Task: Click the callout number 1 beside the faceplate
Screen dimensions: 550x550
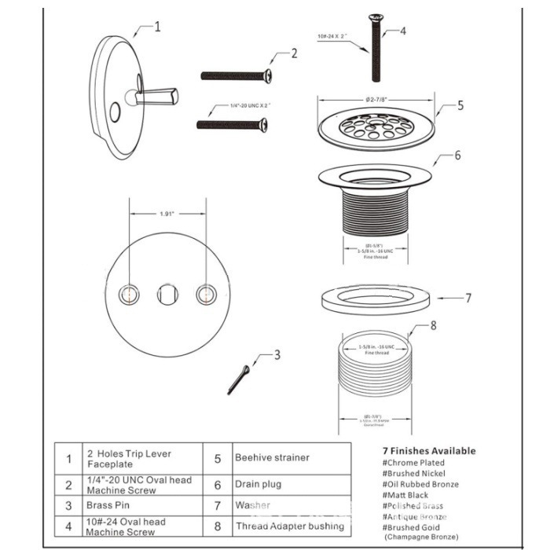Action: (157, 27)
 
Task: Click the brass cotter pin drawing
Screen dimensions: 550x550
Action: (239, 379)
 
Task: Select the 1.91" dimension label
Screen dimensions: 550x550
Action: (167, 213)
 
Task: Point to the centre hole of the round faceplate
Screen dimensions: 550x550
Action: (167, 295)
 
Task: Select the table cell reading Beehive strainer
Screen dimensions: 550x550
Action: (272, 457)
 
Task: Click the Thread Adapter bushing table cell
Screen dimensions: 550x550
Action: (289, 526)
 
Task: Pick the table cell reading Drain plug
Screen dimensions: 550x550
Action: (257, 485)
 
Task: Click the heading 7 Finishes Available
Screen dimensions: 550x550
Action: (428, 451)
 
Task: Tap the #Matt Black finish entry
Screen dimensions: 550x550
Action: (405, 495)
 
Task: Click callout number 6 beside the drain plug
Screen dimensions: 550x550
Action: (457, 156)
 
